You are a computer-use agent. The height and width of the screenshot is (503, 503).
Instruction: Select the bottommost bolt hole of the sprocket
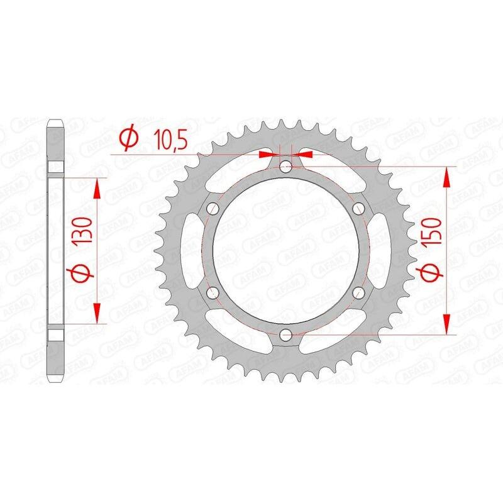click(x=286, y=333)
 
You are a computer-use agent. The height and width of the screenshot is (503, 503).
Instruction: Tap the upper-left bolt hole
click(x=213, y=208)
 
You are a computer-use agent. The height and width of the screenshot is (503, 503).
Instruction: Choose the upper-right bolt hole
click(x=359, y=208)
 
